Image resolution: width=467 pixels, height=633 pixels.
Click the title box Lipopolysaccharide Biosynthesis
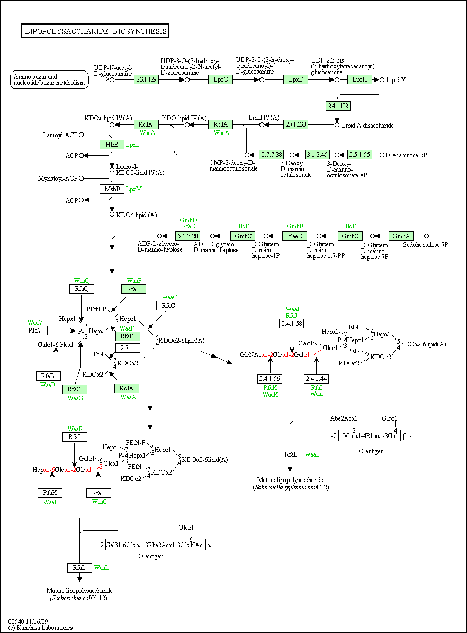click(95, 31)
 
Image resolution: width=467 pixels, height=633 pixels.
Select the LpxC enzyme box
click(221, 79)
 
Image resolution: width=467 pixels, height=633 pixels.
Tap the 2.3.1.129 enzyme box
click(146, 79)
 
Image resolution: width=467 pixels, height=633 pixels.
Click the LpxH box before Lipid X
click(360, 79)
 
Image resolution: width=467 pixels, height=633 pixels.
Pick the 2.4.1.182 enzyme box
click(338, 106)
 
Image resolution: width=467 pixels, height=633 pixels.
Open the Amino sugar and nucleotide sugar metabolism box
click(49, 80)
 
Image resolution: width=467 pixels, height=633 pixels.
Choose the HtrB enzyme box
click(112, 145)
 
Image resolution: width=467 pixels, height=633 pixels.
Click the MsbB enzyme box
click(112, 189)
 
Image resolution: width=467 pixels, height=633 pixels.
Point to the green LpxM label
click(133, 189)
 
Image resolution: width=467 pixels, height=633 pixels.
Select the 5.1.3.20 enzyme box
click(187, 236)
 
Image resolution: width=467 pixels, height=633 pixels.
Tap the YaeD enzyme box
click(294, 236)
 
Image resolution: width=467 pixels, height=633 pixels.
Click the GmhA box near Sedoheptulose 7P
click(401, 236)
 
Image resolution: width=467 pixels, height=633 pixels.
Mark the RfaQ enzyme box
click(82, 289)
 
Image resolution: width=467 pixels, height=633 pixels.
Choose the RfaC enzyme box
click(168, 306)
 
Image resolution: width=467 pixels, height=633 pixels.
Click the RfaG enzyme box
click(75, 389)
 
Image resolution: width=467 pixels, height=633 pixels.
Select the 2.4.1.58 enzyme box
click(291, 324)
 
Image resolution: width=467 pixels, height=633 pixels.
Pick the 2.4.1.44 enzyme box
click(317, 379)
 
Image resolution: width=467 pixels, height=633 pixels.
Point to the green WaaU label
click(51, 502)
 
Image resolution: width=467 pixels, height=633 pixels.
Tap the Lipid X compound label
click(396, 80)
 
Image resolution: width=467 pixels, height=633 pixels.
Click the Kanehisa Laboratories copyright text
click(40, 628)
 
